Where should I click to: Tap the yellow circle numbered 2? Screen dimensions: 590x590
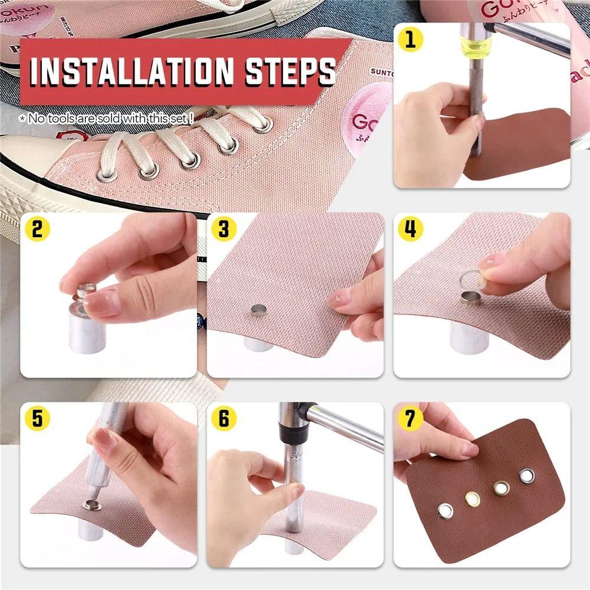pos(37,228)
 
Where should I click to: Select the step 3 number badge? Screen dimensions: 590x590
pos(224,228)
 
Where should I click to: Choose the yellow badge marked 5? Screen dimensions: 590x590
pos(37,418)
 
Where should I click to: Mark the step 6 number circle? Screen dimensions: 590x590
pos(224,418)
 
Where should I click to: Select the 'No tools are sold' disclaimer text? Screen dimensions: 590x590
pos(106,119)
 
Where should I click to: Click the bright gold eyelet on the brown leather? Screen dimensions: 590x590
pos(473,499)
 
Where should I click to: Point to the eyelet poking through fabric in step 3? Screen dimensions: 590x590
pos(258,309)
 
